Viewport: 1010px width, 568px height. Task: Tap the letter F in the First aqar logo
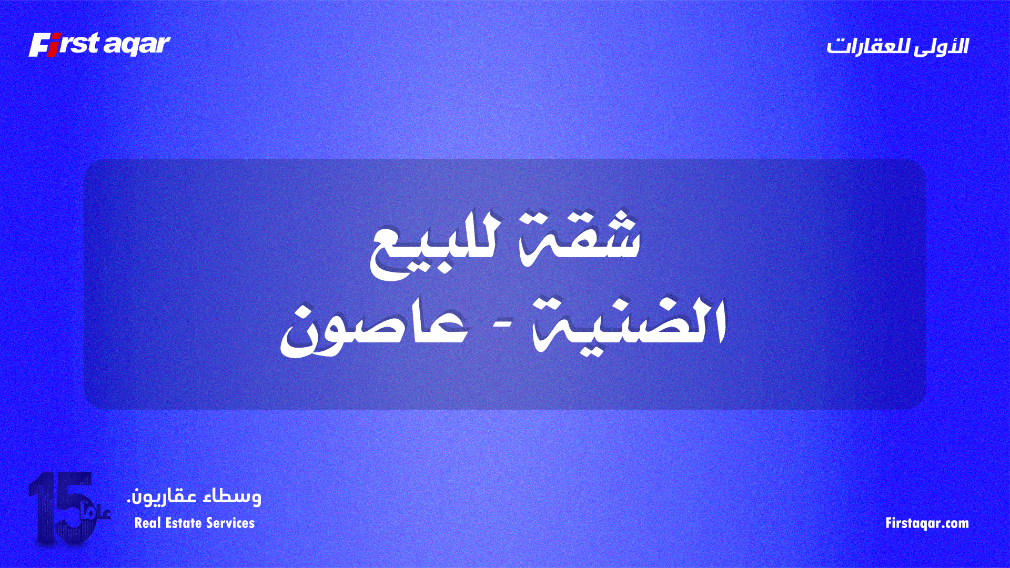pyautogui.click(x=38, y=45)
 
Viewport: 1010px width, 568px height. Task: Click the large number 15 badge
pyautogui.click(x=63, y=508)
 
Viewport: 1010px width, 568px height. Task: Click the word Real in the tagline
pyautogui.click(x=146, y=523)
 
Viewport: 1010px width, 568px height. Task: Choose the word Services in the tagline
pyautogui.click(x=230, y=523)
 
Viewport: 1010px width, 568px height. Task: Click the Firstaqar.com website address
pyautogui.click(x=927, y=523)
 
